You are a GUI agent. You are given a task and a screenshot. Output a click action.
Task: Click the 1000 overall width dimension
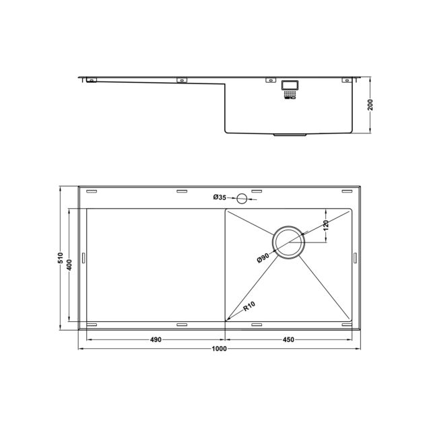point(219,349)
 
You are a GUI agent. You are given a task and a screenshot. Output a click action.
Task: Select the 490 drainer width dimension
point(156,339)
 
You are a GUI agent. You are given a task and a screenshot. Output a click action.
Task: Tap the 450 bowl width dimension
point(288,339)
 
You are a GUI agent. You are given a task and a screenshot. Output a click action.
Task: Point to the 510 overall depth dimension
point(61,258)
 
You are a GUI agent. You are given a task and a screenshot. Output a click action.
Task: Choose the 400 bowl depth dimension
point(69,265)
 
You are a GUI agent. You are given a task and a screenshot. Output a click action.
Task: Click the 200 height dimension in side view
point(370,105)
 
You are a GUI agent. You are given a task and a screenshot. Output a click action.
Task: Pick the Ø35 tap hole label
point(220,197)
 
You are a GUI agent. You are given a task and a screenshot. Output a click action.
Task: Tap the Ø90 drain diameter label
point(263,258)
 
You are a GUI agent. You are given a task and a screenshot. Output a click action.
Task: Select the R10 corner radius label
point(249,306)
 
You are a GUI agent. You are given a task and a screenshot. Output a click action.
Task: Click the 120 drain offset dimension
point(326,226)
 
